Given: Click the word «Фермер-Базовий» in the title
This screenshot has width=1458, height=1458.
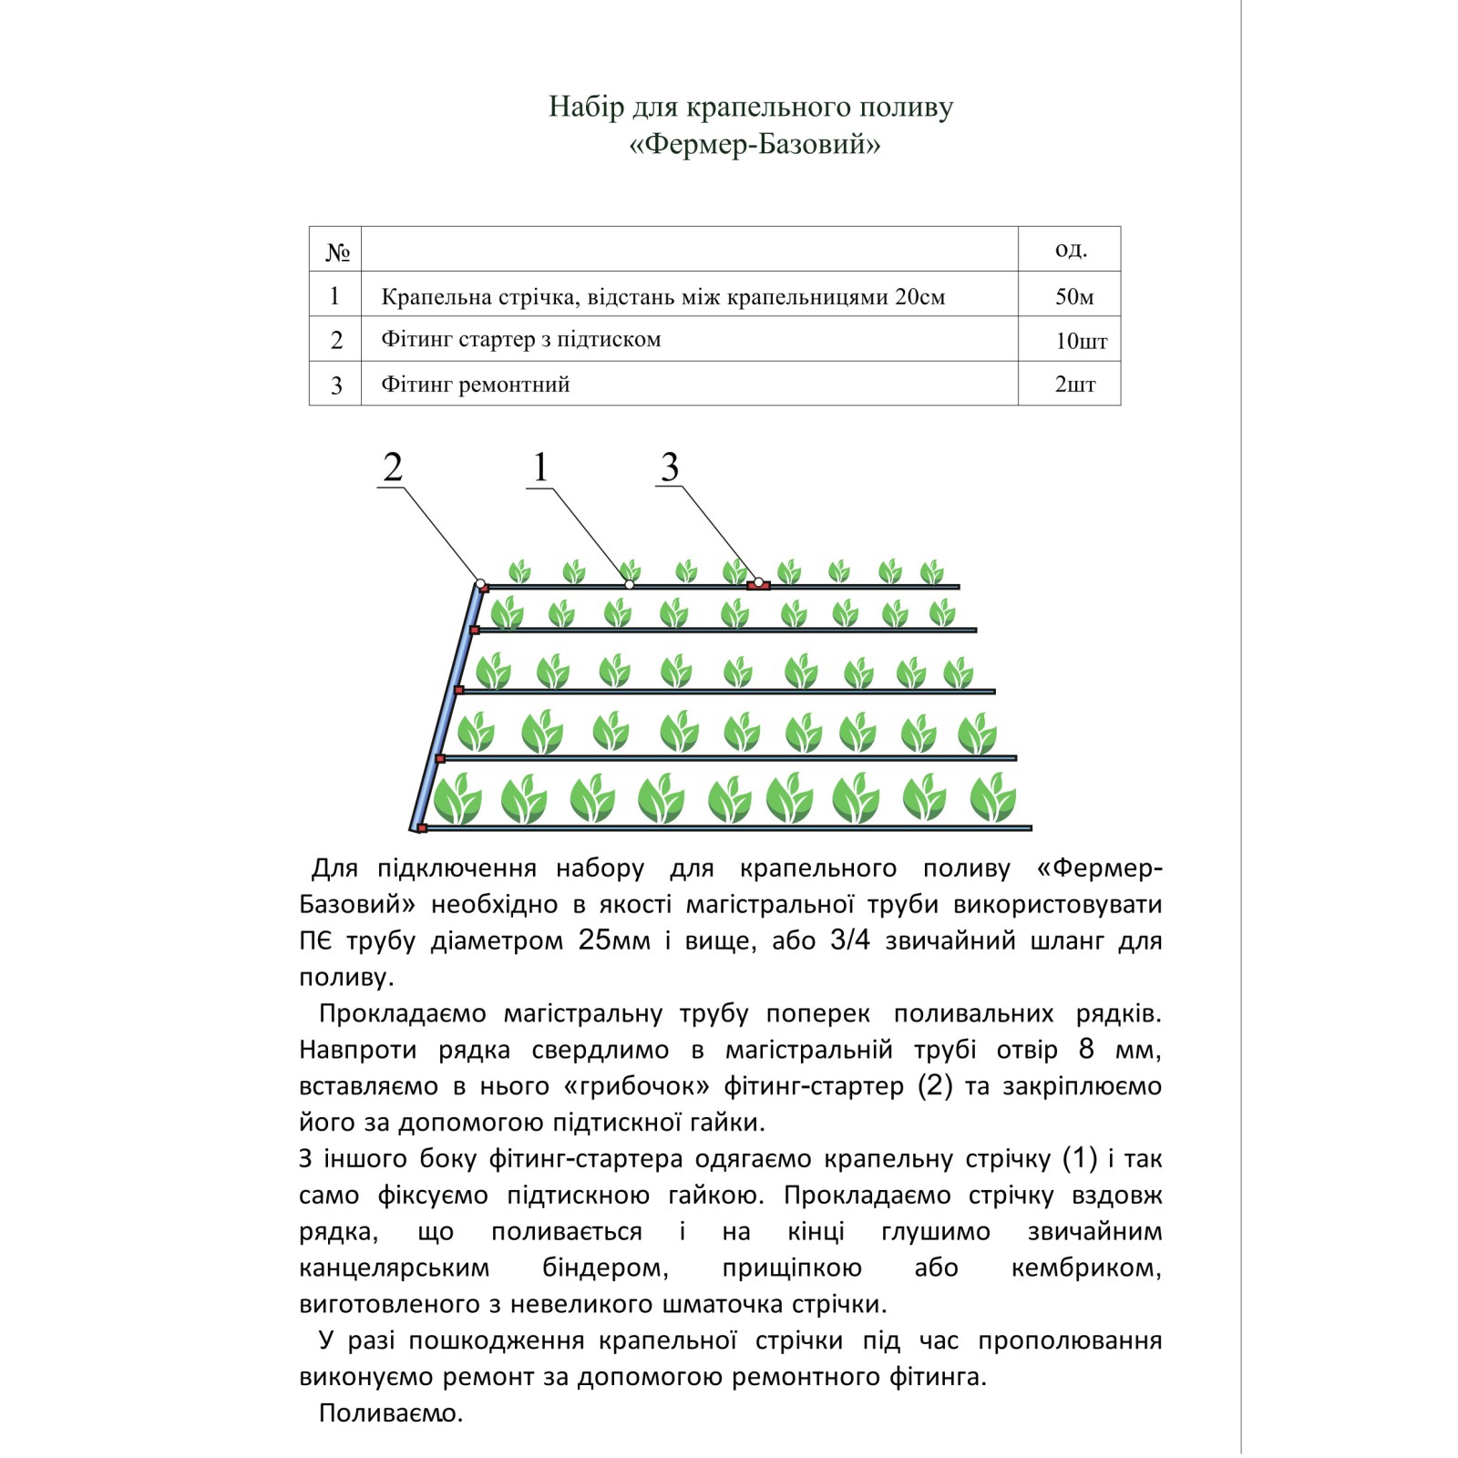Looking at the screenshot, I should click(x=755, y=145).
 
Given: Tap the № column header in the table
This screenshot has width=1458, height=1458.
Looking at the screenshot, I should click(x=336, y=251).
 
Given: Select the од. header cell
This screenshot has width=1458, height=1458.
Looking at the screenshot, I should click(x=1071, y=249).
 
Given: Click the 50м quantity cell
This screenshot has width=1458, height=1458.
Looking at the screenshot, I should click(x=1073, y=296).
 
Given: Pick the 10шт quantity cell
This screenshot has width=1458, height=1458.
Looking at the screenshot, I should click(x=1081, y=341).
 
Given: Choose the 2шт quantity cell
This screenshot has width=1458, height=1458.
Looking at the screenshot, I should click(x=1074, y=385).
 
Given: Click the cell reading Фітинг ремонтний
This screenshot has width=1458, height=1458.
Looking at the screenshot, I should click(x=475, y=385).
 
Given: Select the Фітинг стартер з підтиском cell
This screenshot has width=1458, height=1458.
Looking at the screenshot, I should click(x=520, y=340).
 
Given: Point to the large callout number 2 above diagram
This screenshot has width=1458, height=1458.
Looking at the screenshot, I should click(x=393, y=467).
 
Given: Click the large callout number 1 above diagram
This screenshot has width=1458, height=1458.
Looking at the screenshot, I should click(x=540, y=467).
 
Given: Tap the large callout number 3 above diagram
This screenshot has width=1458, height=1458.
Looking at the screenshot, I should click(x=670, y=467).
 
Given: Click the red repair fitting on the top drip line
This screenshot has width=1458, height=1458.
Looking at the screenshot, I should click(x=759, y=586).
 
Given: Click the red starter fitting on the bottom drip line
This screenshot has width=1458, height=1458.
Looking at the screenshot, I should click(x=422, y=828).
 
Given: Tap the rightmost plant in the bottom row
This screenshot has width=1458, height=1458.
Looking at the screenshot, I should click(x=991, y=798).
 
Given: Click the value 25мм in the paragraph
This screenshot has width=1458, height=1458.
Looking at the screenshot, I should click(x=614, y=940).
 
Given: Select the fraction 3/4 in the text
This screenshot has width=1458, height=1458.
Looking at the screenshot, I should click(x=850, y=940).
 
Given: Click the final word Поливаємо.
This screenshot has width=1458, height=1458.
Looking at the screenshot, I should click(x=390, y=1413).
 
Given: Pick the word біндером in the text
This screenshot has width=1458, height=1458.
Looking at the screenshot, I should click(x=605, y=1268).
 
